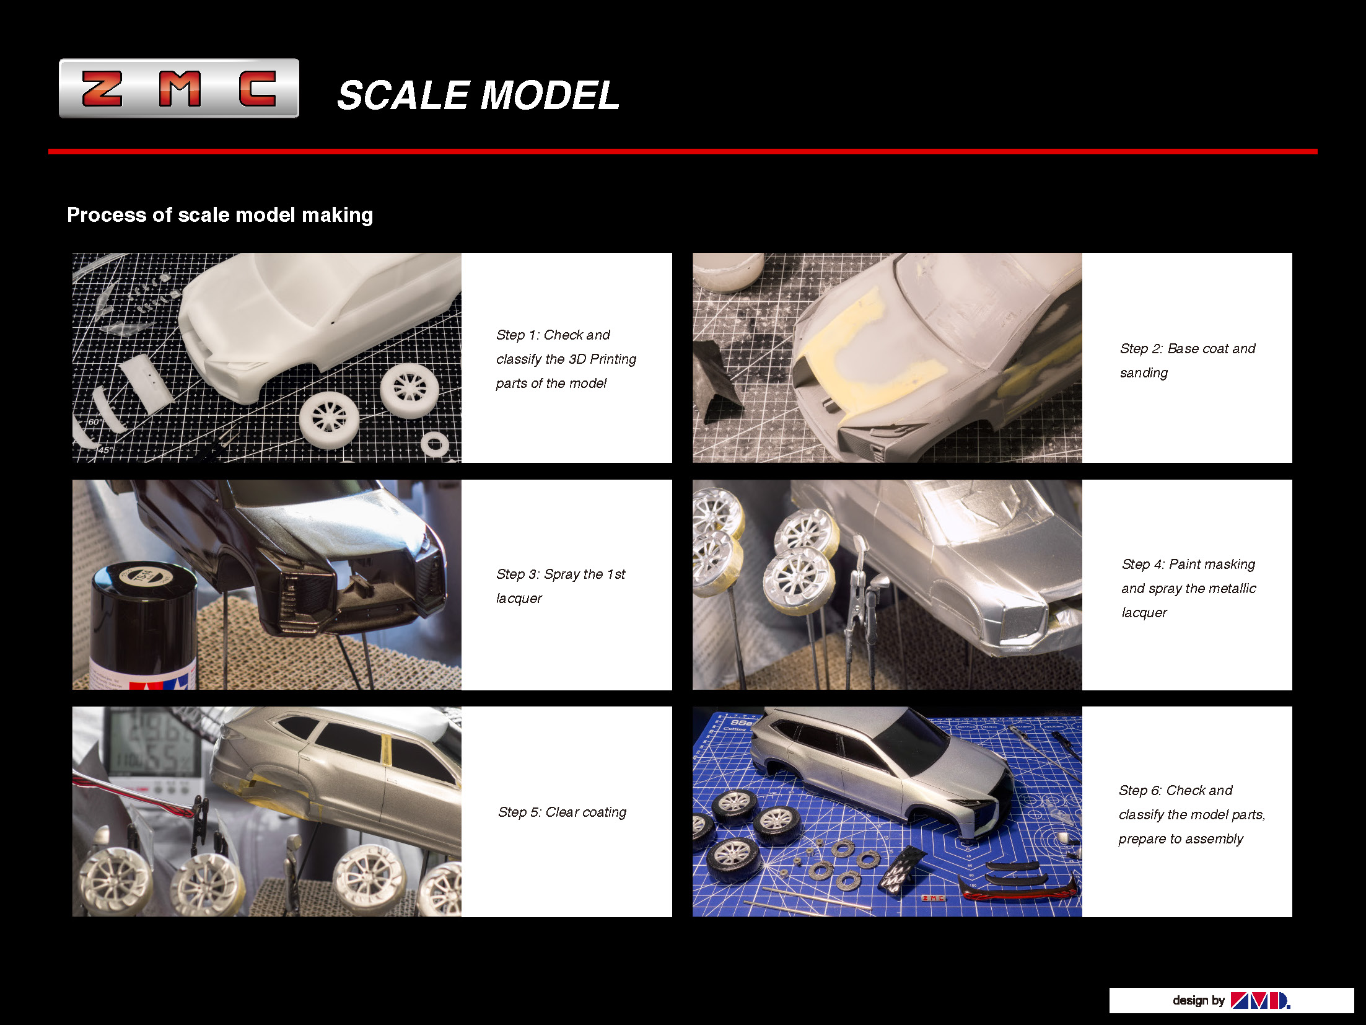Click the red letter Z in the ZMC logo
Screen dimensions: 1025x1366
102,89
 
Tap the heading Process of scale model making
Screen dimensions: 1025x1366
219,215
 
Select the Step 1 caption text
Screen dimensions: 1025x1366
566,359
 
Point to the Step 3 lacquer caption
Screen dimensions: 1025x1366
560,586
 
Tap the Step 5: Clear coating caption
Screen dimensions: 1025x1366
562,812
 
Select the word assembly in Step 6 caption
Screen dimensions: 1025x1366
1213,839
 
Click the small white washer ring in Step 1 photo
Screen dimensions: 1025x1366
434,444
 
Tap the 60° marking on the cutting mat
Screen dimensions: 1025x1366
95,422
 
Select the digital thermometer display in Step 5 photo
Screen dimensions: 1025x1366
155,744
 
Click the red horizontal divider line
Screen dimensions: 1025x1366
681,151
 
